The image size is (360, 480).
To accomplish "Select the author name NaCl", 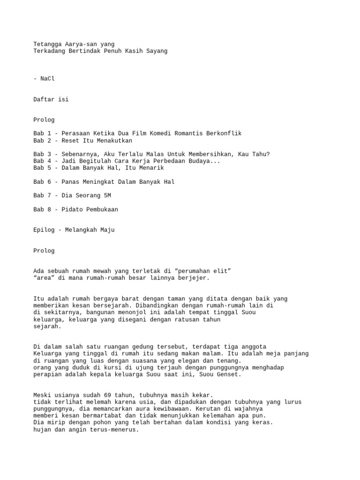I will click(48, 78).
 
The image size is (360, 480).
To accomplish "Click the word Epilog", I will click(44, 230).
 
